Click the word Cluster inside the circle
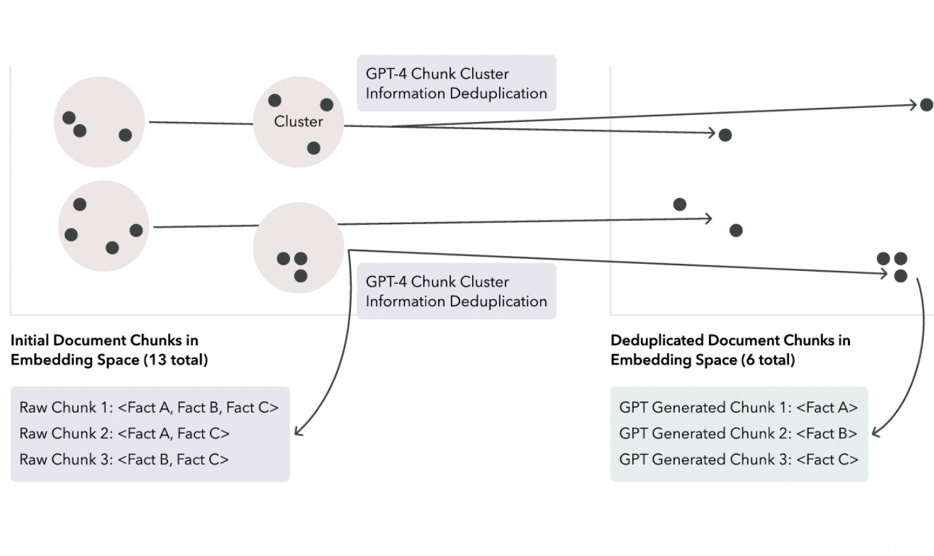(x=298, y=121)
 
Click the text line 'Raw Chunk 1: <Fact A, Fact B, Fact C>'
(x=149, y=408)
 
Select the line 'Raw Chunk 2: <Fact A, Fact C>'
(x=124, y=434)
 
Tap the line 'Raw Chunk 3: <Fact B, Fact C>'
(x=124, y=460)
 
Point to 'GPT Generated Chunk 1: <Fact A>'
(x=738, y=408)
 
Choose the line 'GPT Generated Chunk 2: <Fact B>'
(x=738, y=434)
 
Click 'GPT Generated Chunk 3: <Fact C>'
(x=738, y=460)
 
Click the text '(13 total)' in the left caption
(x=176, y=360)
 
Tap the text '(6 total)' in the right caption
(x=768, y=360)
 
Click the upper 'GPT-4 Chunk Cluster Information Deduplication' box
(x=456, y=83)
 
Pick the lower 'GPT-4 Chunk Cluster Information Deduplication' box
(x=456, y=291)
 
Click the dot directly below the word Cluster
(x=314, y=148)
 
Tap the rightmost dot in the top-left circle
(x=126, y=135)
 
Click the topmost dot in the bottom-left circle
(x=80, y=205)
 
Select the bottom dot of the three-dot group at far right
(x=901, y=276)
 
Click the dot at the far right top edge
(x=926, y=104)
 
